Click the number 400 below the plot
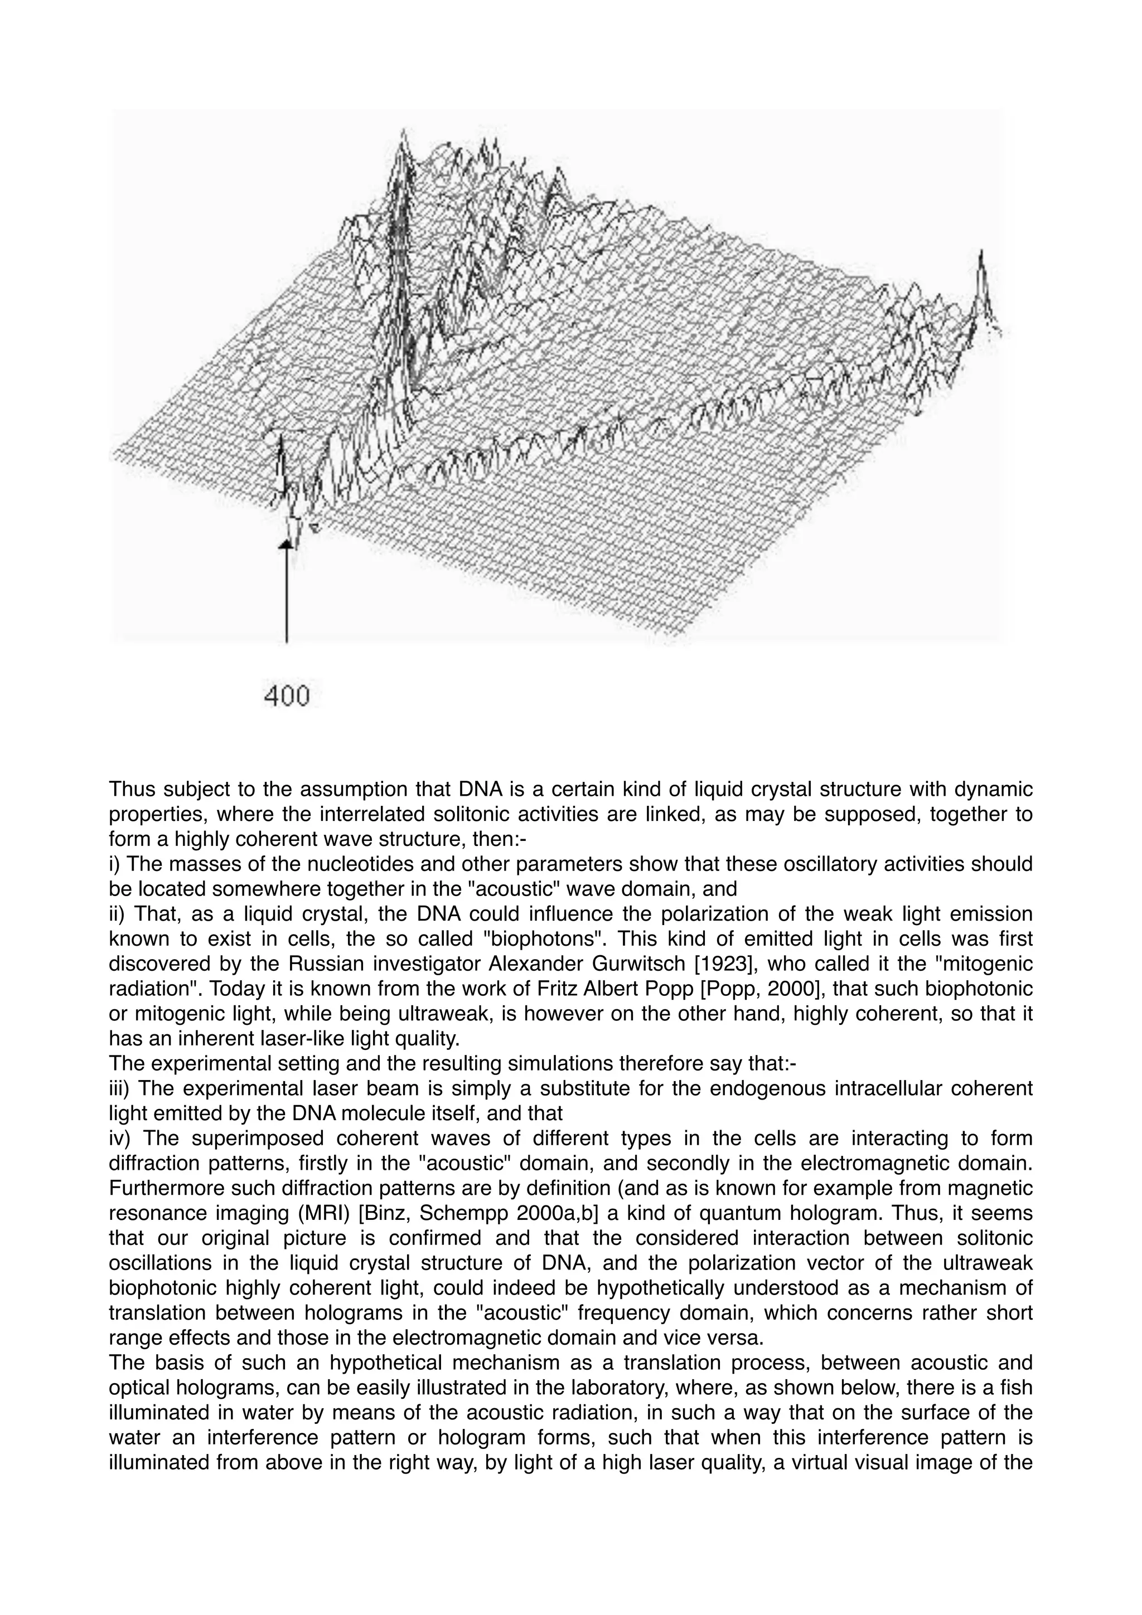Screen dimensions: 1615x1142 [x=287, y=697]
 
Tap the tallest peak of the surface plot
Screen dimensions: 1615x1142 [x=403, y=134]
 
